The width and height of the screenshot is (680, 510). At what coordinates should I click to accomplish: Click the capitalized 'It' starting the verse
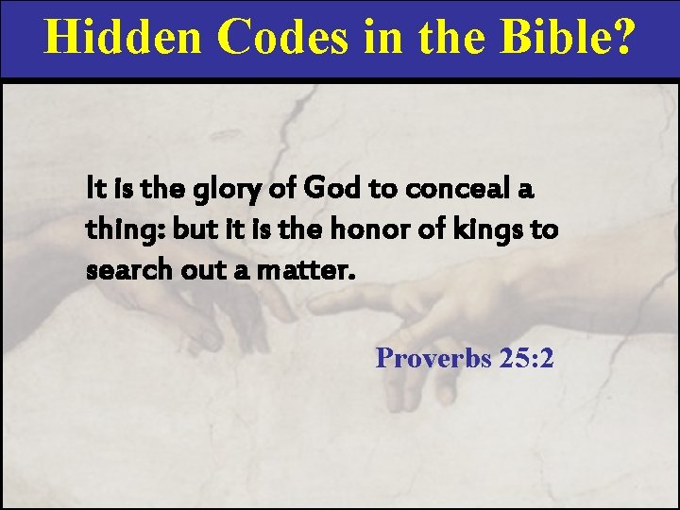94,190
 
